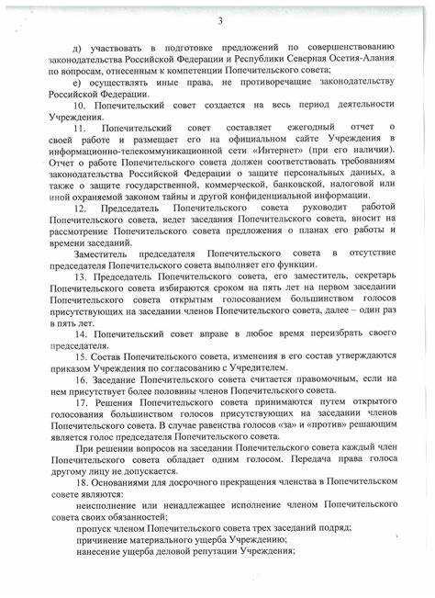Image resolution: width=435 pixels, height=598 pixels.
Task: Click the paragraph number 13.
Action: [x=83, y=275]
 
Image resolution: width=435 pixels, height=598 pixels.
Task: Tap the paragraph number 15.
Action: [x=83, y=354]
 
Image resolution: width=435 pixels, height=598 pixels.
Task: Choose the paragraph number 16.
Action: [x=83, y=378]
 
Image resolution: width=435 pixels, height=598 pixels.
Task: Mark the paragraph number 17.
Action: [x=83, y=401]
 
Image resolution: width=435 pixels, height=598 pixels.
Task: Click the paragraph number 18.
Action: [x=83, y=481]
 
